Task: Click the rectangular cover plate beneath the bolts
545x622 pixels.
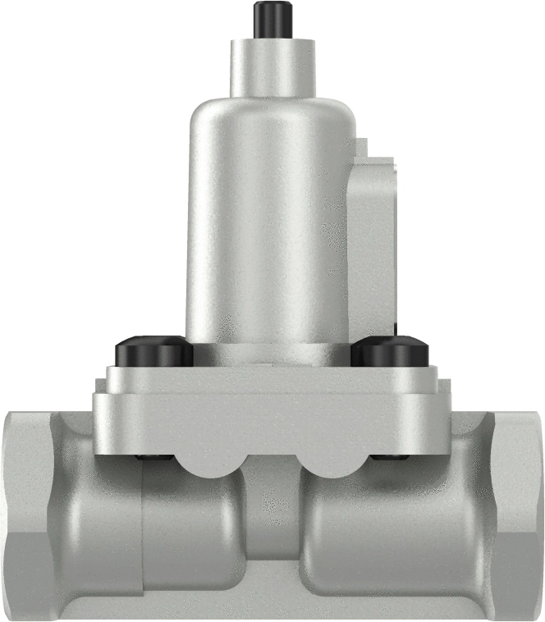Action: [271, 418]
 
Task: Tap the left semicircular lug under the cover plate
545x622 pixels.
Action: [208, 464]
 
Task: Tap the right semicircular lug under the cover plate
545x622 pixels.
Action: [336, 464]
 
